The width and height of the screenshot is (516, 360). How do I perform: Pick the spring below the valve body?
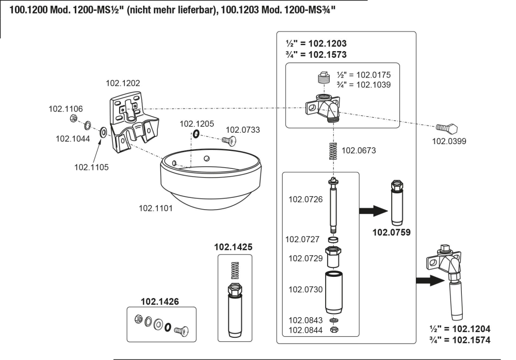tap(333, 152)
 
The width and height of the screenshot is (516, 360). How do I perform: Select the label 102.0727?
tap(305, 239)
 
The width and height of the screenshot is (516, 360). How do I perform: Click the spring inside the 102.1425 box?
tap(235, 269)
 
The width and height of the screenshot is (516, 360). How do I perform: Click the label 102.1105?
tap(92, 167)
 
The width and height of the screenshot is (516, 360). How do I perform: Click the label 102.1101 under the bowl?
tap(155, 208)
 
